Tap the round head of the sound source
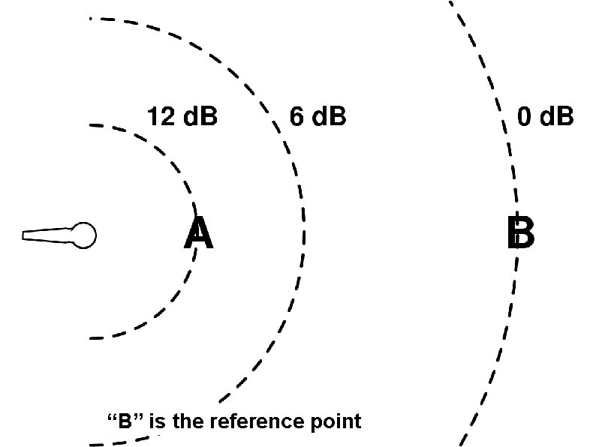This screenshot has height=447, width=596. [x=83, y=235]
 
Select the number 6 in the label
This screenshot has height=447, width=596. [x=296, y=117]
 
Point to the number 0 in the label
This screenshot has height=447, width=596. [x=525, y=117]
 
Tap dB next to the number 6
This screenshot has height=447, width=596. [x=328, y=117]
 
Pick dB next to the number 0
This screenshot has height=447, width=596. [x=556, y=117]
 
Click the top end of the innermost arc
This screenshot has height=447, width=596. [x=91, y=124]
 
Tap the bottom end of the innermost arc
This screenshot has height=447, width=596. [x=91, y=338]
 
